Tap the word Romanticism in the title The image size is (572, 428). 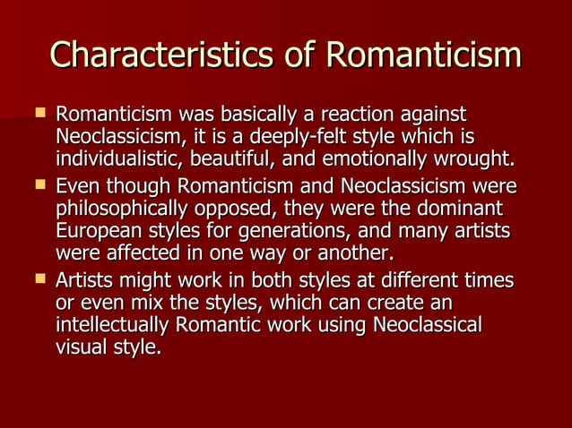[x=422, y=55]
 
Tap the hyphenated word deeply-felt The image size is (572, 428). [x=294, y=139]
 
